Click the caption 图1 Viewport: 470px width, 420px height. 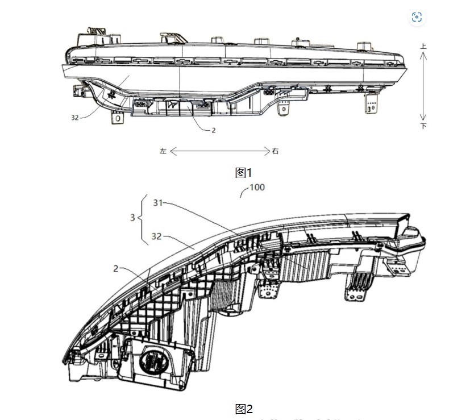tap(243, 172)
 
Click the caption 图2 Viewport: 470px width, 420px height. tap(243, 409)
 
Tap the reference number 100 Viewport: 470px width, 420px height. tap(257, 187)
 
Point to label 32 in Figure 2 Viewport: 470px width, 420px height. tap(159, 236)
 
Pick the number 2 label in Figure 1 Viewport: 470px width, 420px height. tap(213, 130)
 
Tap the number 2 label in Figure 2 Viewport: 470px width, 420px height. tap(115, 268)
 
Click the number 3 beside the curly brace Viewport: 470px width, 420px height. tap(133, 218)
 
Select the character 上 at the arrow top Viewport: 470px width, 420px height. tap(423, 48)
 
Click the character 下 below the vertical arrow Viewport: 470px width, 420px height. tap(423, 126)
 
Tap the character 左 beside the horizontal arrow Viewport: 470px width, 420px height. tap(163, 151)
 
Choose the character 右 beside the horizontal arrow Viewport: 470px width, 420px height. tap(276, 151)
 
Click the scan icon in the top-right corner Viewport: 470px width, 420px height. tap(417, 18)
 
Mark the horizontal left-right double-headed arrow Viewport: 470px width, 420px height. tap(219, 151)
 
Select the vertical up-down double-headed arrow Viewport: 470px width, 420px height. tap(423, 87)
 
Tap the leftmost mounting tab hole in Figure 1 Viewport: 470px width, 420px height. tap(118, 119)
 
